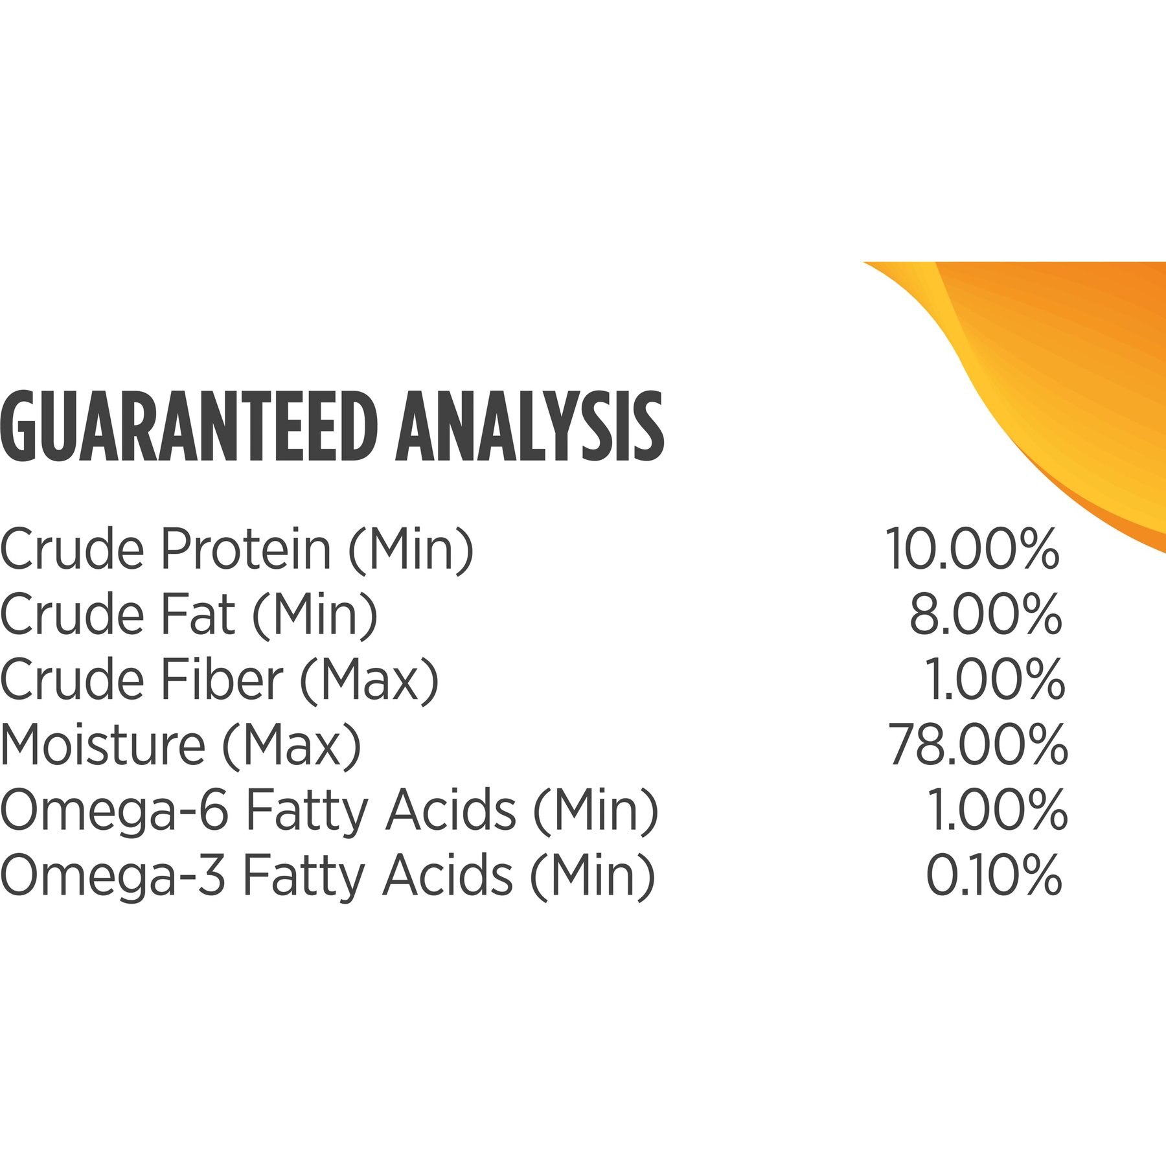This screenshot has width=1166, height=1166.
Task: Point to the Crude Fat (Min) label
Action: point(189,617)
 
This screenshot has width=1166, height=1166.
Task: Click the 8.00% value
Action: point(985,616)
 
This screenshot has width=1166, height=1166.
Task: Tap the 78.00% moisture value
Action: point(977,746)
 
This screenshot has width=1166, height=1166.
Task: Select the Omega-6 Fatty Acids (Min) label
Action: point(329,812)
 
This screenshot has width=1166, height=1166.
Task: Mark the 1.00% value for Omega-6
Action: point(997,810)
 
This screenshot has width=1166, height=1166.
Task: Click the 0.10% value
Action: point(994,875)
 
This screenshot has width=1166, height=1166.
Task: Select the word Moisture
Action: point(102,746)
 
